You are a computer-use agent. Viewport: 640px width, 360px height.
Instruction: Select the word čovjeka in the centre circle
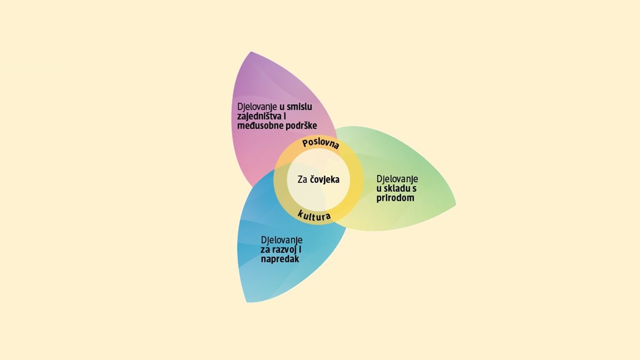(x=325, y=180)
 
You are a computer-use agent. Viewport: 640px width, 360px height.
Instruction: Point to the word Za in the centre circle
(x=303, y=180)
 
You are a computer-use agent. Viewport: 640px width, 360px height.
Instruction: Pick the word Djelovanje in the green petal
(x=397, y=179)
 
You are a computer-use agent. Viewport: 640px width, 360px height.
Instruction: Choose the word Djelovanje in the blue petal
(x=282, y=240)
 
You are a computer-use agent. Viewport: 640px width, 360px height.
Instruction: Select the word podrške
(x=300, y=125)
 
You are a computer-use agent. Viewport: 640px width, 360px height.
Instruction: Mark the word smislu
(x=300, y=107)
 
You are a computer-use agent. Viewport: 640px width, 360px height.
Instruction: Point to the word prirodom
(x=395, y=198)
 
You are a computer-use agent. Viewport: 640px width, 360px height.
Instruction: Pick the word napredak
(x=280, y=259)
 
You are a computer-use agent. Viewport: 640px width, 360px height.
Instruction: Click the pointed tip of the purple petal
(x=252, y=52)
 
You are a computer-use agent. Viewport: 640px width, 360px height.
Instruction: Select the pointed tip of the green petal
(x=456, y=205)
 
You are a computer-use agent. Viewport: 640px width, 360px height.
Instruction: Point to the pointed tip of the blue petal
(x=247, y=302)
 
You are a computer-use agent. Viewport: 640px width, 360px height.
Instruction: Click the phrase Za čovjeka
(x=318, y=180)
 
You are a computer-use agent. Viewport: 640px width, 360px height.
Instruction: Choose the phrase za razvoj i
(x=281, y=249)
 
